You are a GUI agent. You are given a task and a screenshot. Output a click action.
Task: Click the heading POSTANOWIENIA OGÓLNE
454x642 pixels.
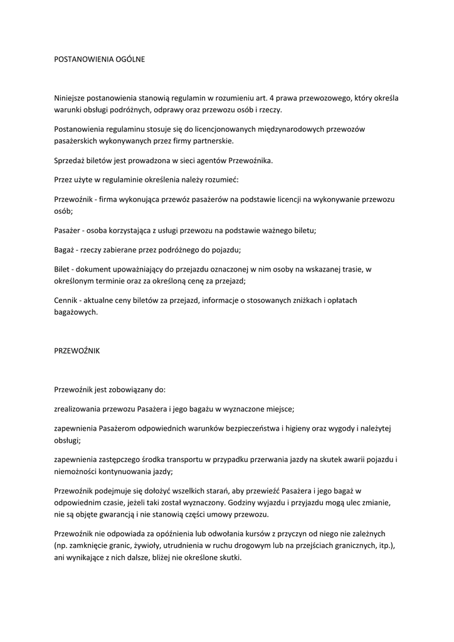point(100,59)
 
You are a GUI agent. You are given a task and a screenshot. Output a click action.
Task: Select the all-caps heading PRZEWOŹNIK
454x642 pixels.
point(77,351)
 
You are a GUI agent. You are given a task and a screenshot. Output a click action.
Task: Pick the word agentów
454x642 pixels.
point(216,160)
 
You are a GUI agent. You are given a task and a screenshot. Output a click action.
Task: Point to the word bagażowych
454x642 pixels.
point(77,312)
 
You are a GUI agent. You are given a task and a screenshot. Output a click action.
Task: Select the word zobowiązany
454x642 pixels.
point(137,389)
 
